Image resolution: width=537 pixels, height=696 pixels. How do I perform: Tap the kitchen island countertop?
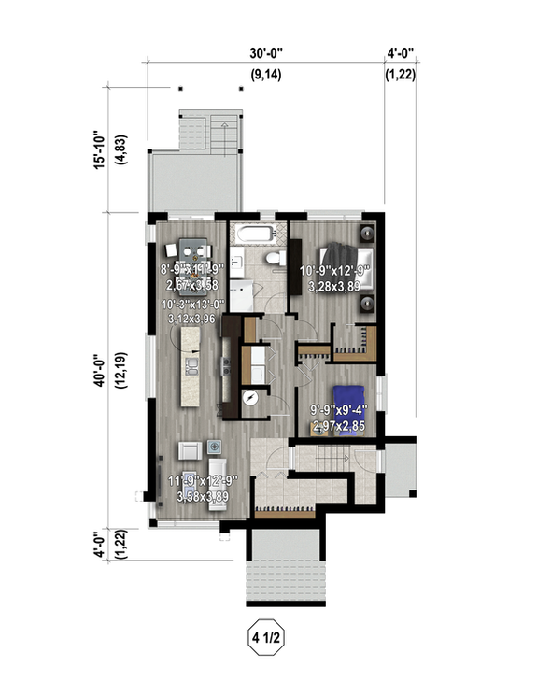tap(193, 363)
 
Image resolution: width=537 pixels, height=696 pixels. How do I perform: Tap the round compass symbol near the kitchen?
tap(250, 396)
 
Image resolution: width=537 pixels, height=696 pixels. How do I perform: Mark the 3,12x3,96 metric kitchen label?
tap(191, 318)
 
